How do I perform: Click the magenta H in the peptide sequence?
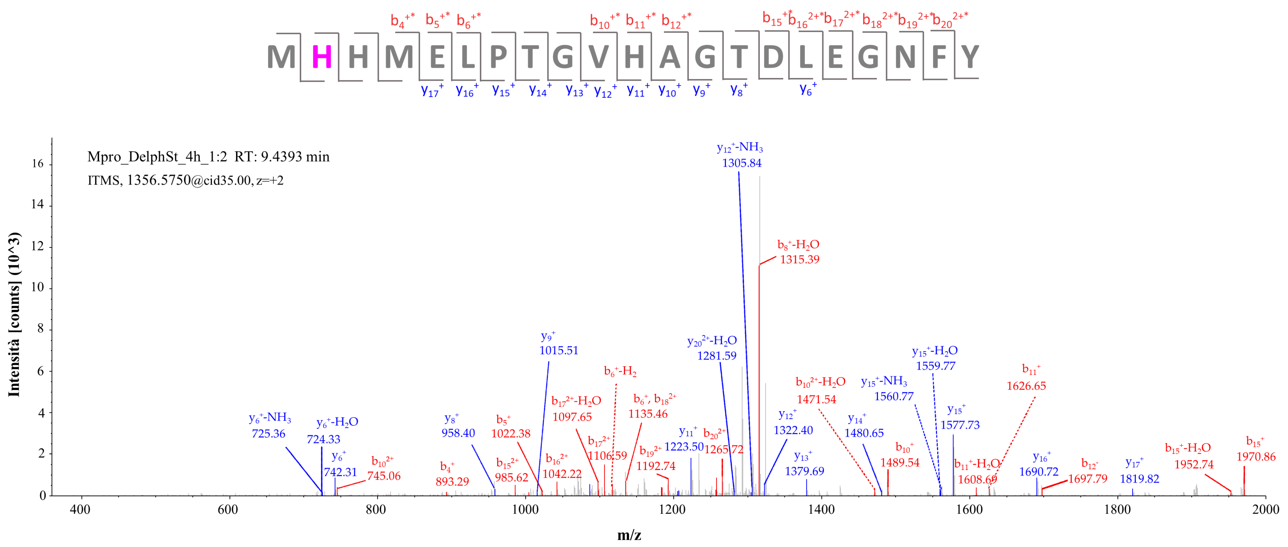[322, 57]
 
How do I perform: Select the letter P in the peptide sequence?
[498, 57]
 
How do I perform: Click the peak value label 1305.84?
[741, 163]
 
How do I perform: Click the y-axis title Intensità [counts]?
[14, 315]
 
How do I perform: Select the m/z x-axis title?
[629, 535]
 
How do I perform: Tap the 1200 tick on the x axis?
[673, 510]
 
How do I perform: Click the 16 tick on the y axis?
[37, 164]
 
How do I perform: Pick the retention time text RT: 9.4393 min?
[282, 157]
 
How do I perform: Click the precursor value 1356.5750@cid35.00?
[188, 180]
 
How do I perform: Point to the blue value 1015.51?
[559, 350]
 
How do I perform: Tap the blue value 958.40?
[458, 433]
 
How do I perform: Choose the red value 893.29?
[452, 482]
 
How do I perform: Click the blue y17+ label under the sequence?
[432, 91]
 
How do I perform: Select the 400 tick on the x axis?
[80, 510]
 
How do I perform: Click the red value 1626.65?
[1026, 386]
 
